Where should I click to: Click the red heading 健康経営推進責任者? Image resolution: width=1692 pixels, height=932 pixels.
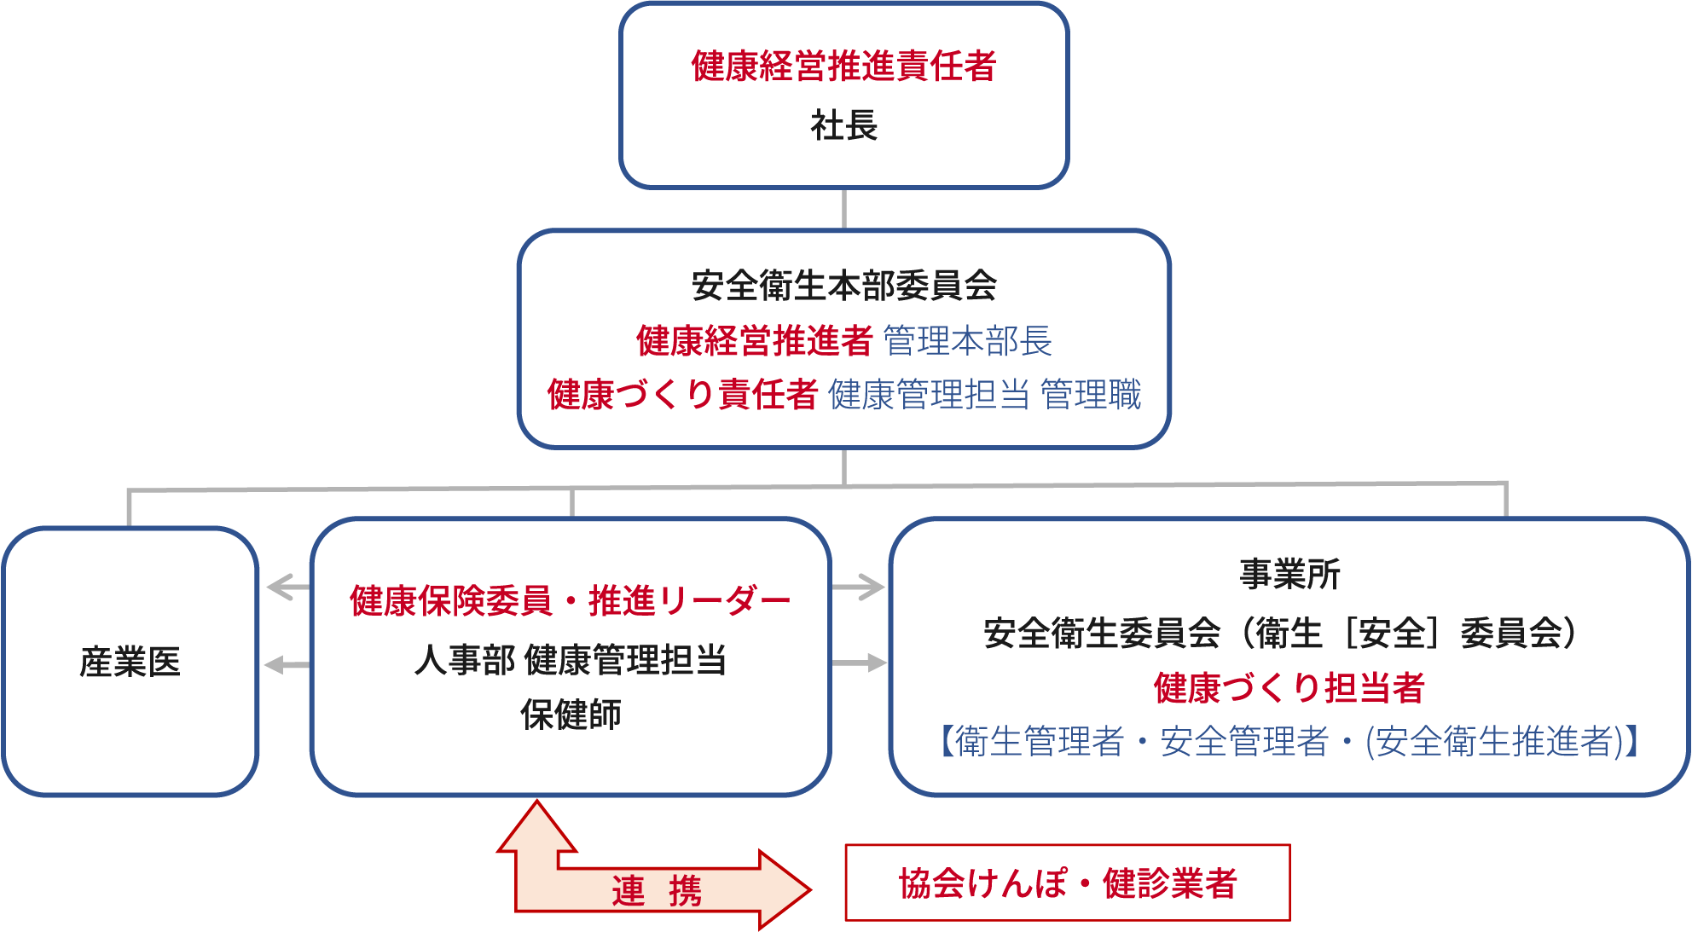pyautogui.click(x=843, y=66)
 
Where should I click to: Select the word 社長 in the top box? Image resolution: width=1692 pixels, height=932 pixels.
pyautogui.click(x=843, y=125)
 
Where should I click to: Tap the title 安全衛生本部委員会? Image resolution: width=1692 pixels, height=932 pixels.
pyautogui.click(x=843, y=285)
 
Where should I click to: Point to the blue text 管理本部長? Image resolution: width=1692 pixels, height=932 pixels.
pyautogui.click(x=967, y=340)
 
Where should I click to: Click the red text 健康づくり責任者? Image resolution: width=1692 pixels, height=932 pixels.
pyautogui.click(x=682, y=394)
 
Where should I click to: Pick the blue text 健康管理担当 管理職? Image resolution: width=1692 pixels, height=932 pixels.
pyautogui.click(x=984, y=394)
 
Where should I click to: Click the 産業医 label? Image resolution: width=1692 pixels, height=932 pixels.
pyautogui.click(x=130, y=662)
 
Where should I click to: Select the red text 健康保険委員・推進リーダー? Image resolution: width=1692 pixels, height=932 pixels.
pyautogui.click(x=570, y=600)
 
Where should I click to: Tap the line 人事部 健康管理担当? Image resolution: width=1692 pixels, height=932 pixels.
pyautogui.click(x=570, y=659)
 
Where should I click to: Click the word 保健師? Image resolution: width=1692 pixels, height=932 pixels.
pyautogui.click(x=570, y=715)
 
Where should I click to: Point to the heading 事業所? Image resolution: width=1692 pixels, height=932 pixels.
pyautogui.click(x=1289, y=574)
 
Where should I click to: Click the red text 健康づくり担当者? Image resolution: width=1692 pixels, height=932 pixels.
pyautogui.click(x=1289, y=687)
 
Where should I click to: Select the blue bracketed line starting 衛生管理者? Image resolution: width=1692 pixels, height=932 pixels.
pyautogui.click(x=1289, y=741)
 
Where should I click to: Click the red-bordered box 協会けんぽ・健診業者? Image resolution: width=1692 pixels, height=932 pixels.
pyautogui.click(x=1067, y=883)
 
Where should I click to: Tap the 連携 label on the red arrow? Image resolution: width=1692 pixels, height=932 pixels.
pyautogui.click(x=657, y=891)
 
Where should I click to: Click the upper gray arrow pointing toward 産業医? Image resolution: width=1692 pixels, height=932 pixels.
pyautogui.click(x=287, y=587)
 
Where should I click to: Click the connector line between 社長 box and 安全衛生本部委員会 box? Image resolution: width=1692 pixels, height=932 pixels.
pyautogui.click(x=843, y=209)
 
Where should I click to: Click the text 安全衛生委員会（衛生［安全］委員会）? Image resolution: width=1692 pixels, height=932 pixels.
pyautogui.click(x=1279, y=633)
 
